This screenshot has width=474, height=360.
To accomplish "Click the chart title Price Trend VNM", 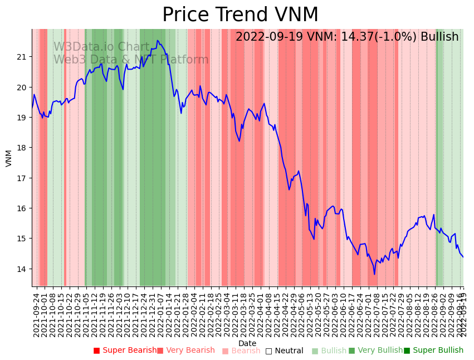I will pos(240,15).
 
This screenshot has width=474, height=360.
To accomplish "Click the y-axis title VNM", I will pos(8,158).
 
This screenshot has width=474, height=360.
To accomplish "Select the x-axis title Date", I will pos(247,343).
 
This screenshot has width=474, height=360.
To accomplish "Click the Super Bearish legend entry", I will pos(125,351).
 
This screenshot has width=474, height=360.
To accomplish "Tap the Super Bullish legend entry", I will pos(433,351).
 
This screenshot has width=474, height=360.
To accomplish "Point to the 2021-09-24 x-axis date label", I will pos(36,315).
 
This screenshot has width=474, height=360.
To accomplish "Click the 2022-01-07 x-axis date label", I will pos(160,315).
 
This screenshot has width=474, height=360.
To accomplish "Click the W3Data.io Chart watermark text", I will pos(101,47).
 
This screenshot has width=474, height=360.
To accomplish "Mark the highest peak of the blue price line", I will pos(158,40).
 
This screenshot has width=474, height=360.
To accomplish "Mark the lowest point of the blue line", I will pos(374,274).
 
